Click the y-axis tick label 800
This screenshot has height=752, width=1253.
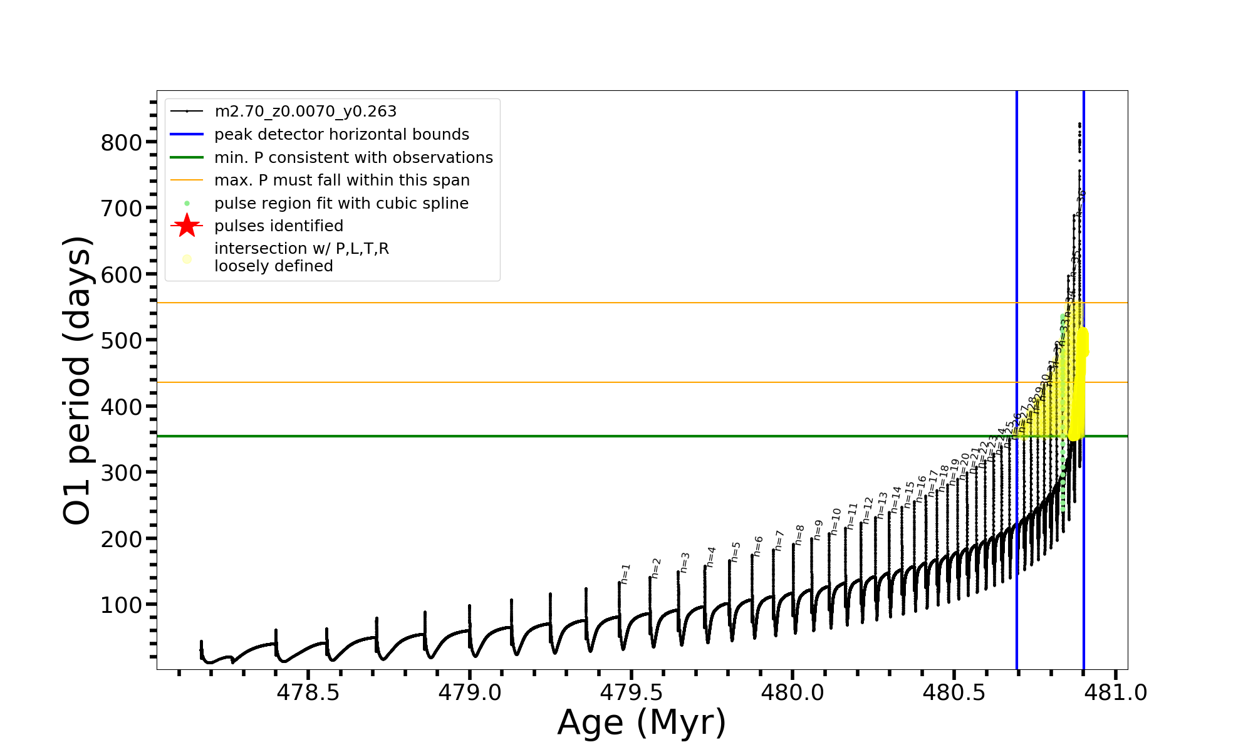[122, 143]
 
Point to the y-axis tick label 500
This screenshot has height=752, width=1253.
[122, 341]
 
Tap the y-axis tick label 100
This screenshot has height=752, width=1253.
[122, 605]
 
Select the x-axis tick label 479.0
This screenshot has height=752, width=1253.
[469, 692]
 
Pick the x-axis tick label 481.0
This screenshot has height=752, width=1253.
[1115, 692]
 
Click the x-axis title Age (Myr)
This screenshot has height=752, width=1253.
[642, 723]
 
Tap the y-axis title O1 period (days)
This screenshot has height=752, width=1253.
[78, 380]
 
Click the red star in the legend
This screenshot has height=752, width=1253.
[187, 226]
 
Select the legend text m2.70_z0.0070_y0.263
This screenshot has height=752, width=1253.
[305, 112]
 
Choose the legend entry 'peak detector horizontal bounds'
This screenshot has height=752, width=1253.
[341, 135]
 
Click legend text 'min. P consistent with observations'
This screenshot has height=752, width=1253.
[353, 157]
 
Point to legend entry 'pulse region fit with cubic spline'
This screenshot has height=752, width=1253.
[341, 204]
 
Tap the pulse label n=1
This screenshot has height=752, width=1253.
[625, 573]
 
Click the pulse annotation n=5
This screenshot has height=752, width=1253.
[736, 551]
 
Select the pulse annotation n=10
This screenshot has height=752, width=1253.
[836, 521]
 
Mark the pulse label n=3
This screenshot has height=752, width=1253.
[685, 562]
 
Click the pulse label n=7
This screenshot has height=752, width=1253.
[779, 540]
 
